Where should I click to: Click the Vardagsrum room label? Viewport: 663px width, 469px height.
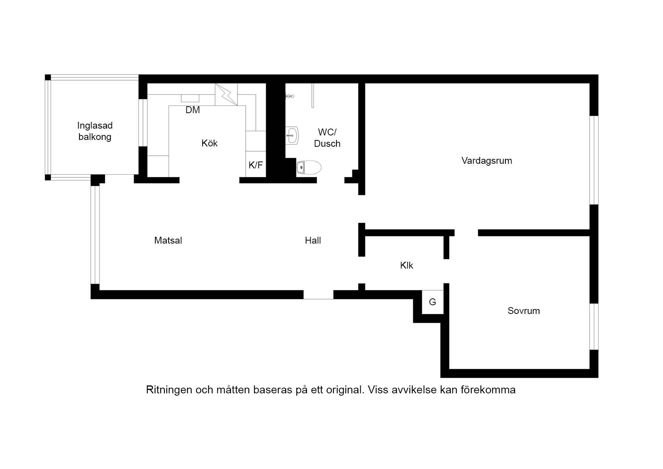tap(486, 161)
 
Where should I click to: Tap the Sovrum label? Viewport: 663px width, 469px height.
tap(524, 311)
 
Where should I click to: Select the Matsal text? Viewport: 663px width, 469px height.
tap(168, 241)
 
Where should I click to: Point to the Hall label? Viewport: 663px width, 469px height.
tap(313, 241)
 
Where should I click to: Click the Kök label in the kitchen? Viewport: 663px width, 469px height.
tap(209, 143)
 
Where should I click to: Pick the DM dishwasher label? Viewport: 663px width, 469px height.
tap(193, 110)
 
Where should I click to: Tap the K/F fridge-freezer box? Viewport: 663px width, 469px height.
tap(256, 164)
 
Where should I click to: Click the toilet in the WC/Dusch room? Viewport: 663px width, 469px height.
tap(309, 167)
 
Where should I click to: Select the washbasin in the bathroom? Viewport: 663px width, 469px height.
tap(292, 135)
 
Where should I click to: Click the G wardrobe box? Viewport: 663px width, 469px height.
tap(432, 302)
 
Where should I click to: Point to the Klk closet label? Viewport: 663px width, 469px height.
tap(406, 266)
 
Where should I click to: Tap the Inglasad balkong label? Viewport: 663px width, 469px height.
tap(95, 131)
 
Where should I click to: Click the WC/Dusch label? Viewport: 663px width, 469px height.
tap(327, 138)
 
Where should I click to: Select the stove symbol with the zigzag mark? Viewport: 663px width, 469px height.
tap(226, 95)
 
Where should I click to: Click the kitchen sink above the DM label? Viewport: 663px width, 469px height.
tap(190, 98)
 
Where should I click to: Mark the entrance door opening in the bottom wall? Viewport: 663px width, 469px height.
tap(318, 295)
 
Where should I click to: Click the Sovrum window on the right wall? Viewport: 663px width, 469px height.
tap(594, 326)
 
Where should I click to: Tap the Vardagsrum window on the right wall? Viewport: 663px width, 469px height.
tap(594, 160)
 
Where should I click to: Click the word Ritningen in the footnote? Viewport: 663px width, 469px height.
tap(169, 390)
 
